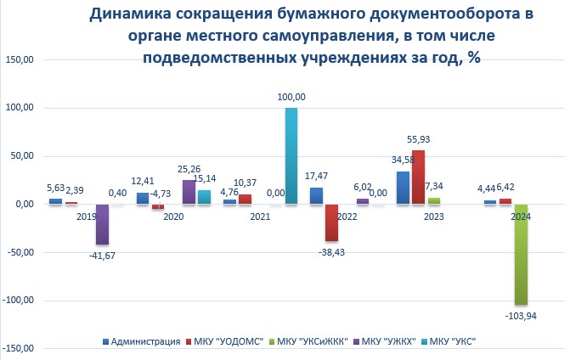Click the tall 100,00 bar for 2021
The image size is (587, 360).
click(291, 156)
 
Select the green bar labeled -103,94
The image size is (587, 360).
click(520, 254)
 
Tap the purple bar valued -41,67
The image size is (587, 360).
click(102, 224)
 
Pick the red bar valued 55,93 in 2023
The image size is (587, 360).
click(418, 177)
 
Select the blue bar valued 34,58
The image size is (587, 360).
click(403, 188)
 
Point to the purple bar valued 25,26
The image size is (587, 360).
click(189, 192)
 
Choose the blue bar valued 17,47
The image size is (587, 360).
click(316, 195)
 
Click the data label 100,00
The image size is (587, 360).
click(291, 98)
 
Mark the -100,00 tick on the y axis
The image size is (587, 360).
click(18, 300)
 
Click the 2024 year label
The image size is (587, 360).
click(521, 217)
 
